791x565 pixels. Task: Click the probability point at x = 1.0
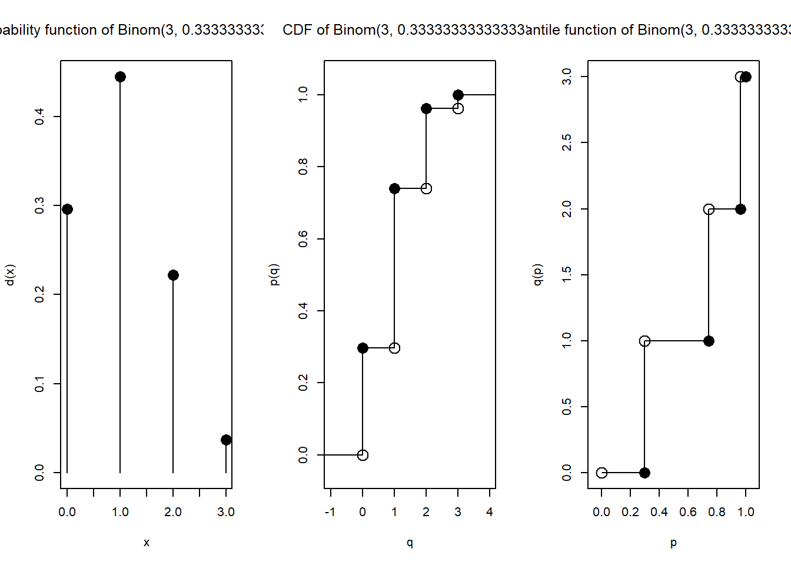(x=120, y=77)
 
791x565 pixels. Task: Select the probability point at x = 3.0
(x=226, y=440)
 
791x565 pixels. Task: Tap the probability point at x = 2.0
(x=173, y=275)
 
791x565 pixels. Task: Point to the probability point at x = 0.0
(x=67, y=209)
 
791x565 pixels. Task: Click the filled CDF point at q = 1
(x=394, y=188)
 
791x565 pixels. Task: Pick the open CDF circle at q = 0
(x=363, y=455)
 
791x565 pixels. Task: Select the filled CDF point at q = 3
(x=458, y=95)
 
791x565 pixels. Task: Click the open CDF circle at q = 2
(x=426, y=188)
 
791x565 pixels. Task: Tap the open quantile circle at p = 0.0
(x=601, y=473)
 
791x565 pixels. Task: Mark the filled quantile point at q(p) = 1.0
(x=709, y=341)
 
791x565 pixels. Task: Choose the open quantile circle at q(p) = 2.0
(x=709, y=209)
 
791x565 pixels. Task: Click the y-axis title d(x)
(x=10, y=275)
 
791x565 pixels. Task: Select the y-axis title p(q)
(x=274, y=275)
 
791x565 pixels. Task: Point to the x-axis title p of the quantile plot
(x=673, y=543)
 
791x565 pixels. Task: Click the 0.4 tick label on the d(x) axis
(x=39, y=117)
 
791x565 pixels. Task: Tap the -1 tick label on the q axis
(x=330, y=512)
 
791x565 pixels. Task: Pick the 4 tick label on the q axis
(x=490, y=512)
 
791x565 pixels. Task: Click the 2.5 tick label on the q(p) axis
(x=567, y=142)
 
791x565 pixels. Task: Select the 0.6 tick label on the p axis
(x=688, y=512)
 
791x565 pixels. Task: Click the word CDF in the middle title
(x=297, y=30)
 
